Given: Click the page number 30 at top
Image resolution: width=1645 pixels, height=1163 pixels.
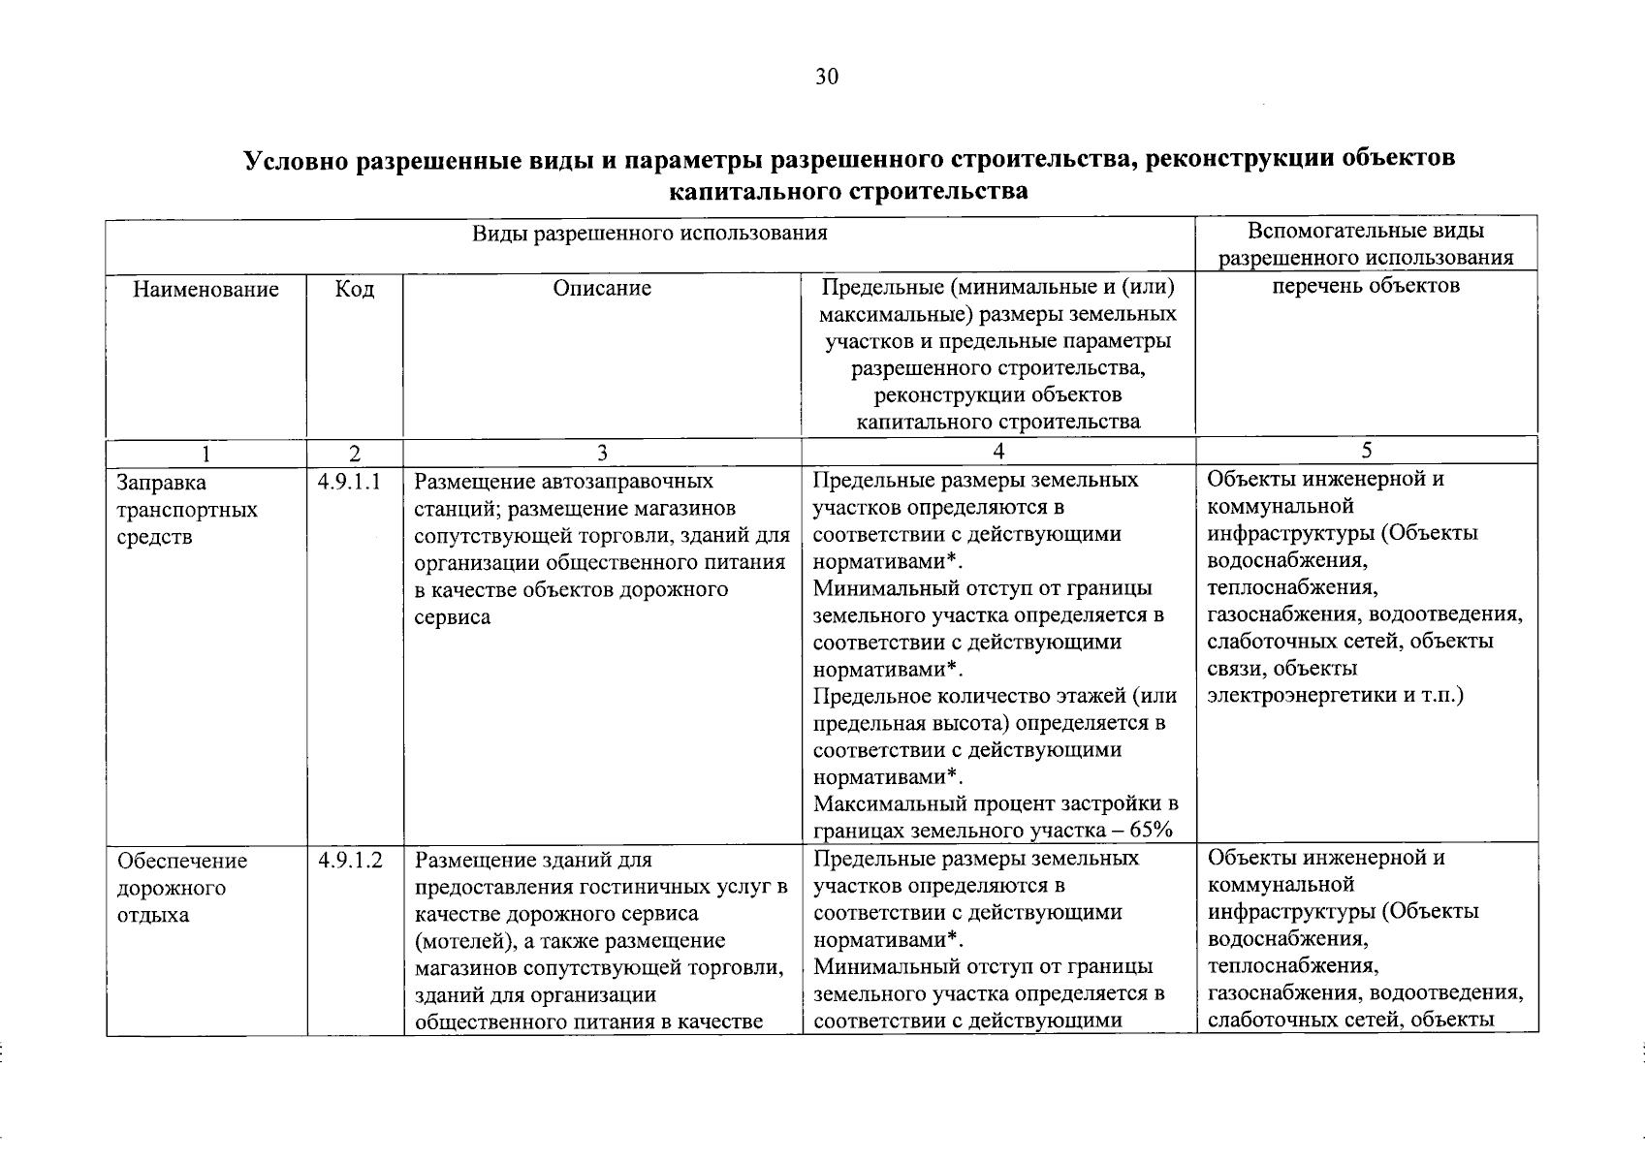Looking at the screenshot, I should tap(826, 78).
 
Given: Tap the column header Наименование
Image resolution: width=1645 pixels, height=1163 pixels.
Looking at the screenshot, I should tap(206, 289).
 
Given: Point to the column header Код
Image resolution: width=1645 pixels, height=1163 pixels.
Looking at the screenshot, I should tap(354, 289).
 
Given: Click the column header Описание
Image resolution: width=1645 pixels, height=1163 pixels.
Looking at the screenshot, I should tap(602, 288).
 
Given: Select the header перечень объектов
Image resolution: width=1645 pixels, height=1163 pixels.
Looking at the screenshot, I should tap(1366, 285).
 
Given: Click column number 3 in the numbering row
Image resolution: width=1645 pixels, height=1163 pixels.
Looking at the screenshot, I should tap(602, 453).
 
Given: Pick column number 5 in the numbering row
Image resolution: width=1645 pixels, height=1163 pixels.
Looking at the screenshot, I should tap(1366, 451).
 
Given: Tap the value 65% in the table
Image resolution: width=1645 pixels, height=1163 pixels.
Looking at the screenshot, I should tap(1151, 831).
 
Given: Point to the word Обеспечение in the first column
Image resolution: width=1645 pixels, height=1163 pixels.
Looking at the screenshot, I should tap(182, 861).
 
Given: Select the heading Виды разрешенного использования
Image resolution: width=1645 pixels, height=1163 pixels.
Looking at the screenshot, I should tap(649, 234).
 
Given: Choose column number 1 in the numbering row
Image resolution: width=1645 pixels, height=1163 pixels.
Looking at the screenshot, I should tap(206, 453).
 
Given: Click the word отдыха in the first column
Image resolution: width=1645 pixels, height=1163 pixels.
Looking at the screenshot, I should tap(153, 915).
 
